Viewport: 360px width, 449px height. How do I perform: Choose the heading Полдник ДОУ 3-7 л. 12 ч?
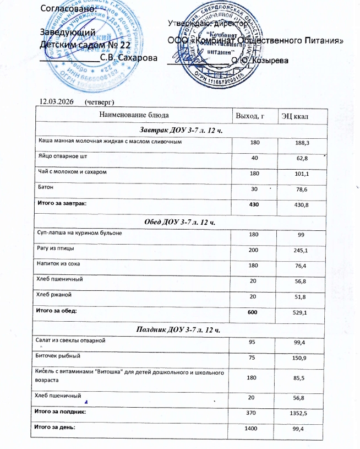pyautogui.click(x=182, y=329)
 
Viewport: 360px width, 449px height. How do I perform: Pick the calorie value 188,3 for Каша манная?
pyautogui.click(x=303, y=143)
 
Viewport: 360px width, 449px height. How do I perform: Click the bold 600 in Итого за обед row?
pyautogui.click(x=254, y=312)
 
